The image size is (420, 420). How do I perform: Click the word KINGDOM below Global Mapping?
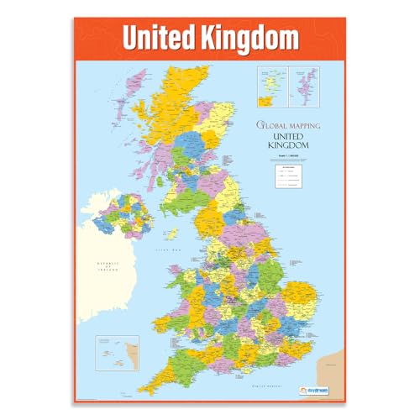[287, 145]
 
